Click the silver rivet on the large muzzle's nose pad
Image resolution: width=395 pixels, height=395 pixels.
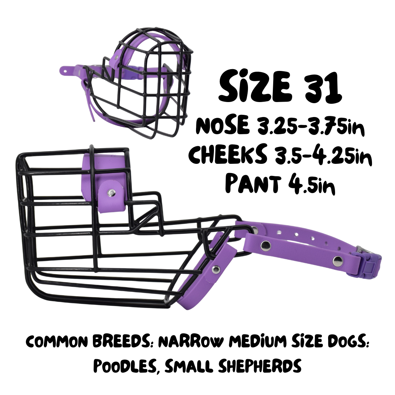point(110,192)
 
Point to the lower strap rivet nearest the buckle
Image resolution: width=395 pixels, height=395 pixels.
point(337,261)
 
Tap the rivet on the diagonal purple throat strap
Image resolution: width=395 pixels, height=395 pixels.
point(216,270)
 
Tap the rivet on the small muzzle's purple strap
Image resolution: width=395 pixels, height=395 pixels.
point(66,68)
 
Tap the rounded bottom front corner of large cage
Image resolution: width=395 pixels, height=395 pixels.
point(31,289)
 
